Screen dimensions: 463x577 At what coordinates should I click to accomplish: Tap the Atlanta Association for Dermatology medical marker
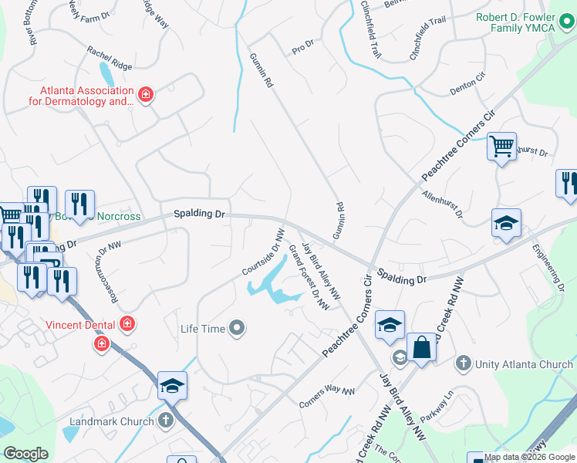[x=145, y=96]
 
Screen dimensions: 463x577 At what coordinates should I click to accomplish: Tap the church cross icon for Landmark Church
[x=166, y=421]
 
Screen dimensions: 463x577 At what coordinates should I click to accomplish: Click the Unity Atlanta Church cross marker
[x=463, y=363]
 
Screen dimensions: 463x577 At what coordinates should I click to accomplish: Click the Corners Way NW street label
[x=326, y=397]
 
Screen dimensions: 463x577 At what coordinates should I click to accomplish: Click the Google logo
[x=25, y=453]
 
